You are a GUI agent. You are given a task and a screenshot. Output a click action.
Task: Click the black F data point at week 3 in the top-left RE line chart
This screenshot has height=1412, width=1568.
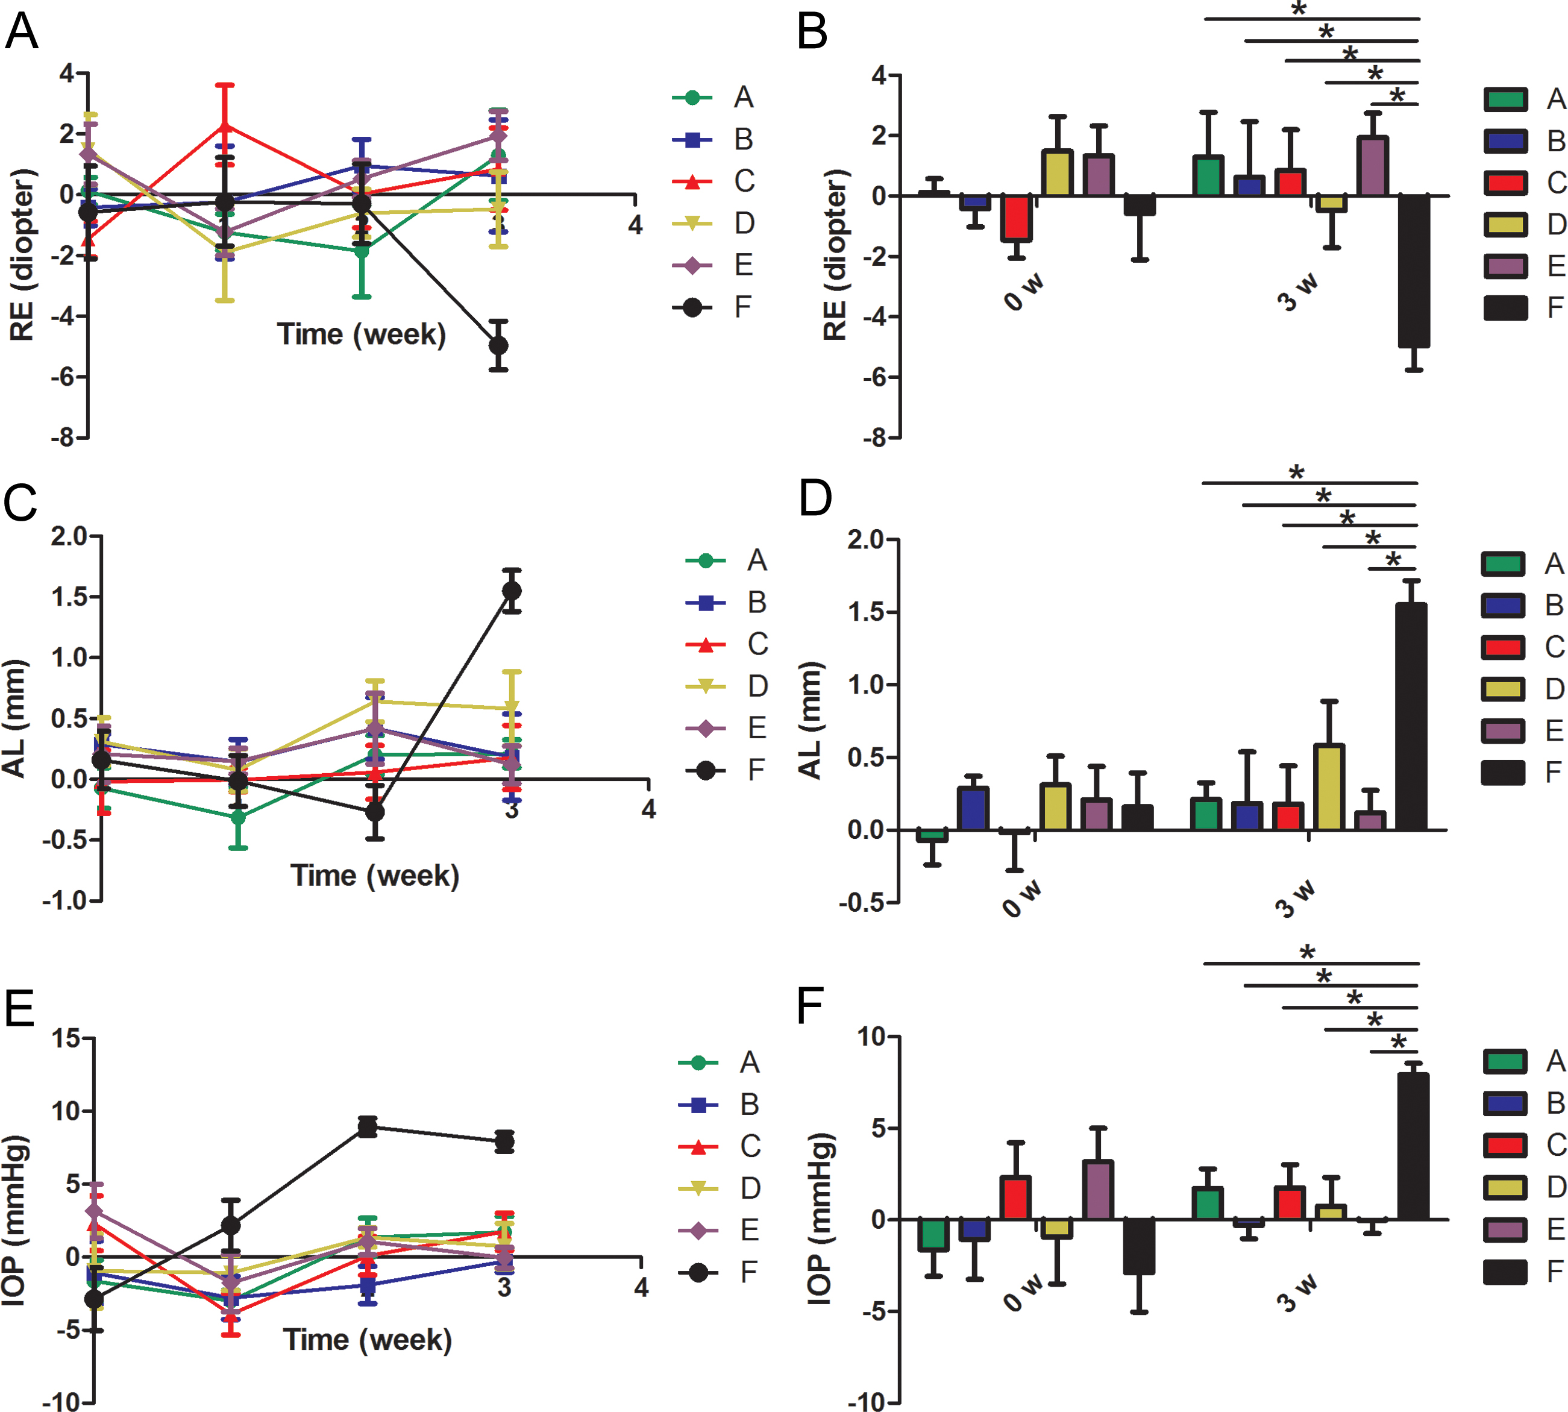[x=498, y=345]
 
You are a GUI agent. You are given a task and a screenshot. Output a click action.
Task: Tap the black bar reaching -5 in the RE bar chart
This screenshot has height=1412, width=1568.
[x=1414, y=272]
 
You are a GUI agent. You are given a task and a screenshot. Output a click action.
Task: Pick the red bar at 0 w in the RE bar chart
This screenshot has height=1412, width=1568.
[x=1015, y=218]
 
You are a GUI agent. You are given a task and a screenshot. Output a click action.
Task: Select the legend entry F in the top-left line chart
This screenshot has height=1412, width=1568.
[x=742, y=307]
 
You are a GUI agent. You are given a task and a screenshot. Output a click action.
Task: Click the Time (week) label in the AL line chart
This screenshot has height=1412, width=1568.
[x=375, y=875]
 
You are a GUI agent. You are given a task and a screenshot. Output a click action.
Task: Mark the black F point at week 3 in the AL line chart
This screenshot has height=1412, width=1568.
[x=511, y=591]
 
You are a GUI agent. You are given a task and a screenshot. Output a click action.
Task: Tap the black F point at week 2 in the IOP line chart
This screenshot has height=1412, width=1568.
[x=367, y=1128]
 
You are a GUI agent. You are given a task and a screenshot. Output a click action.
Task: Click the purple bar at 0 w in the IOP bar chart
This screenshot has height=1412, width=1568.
[x=1097, y=1190]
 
